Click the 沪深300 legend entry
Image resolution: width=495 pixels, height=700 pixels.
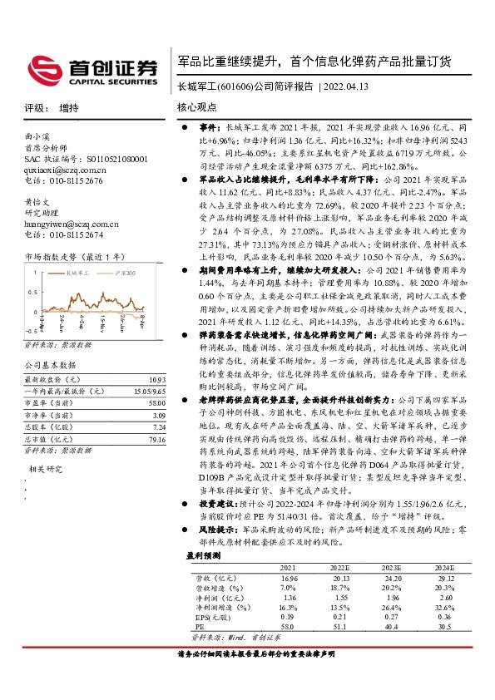pyautogui.click(x=125, y=272)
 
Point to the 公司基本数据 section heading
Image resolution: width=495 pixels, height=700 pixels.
pyautogui.click(x=50, y=364)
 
